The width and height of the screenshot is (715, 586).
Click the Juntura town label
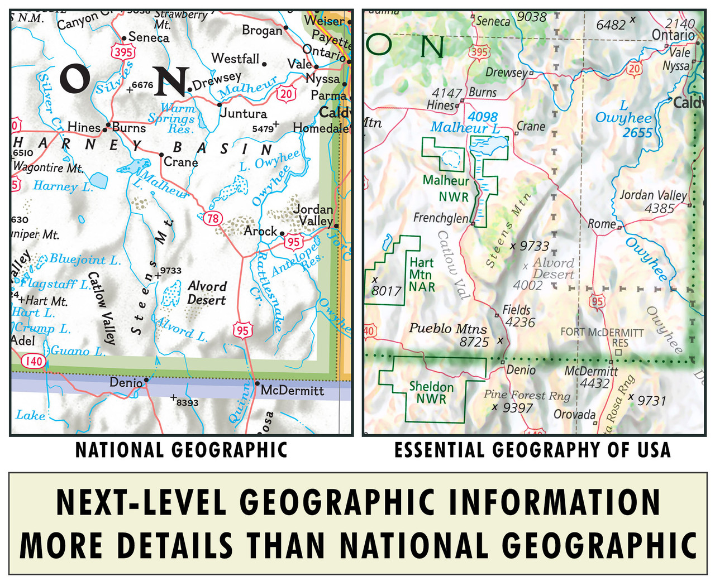[244, 114]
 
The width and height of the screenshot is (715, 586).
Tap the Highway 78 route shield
[213, 218]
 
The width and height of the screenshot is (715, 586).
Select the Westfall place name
[235, 59]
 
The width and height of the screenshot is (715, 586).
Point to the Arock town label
[260, 230]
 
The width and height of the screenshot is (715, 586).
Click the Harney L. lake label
[63, 186]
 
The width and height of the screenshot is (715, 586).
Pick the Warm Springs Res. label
[172, 118]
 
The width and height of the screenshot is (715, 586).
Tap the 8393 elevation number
[187, 402]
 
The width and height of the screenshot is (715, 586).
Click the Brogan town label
[261, 30]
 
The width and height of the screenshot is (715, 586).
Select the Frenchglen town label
[440, 218]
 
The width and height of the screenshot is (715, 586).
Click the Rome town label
[601, 224]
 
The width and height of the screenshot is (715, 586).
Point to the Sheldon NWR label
[431, 393]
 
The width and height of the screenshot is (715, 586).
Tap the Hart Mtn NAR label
[422, 275]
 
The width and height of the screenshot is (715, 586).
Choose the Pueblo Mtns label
[448, 329]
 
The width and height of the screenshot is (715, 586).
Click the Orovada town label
[574, 414]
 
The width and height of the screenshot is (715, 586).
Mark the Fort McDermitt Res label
[602, 337]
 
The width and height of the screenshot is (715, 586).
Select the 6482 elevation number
[611, 25]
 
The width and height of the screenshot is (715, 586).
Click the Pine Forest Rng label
[527, 395]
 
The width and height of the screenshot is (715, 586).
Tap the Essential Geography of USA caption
[532, 450]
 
